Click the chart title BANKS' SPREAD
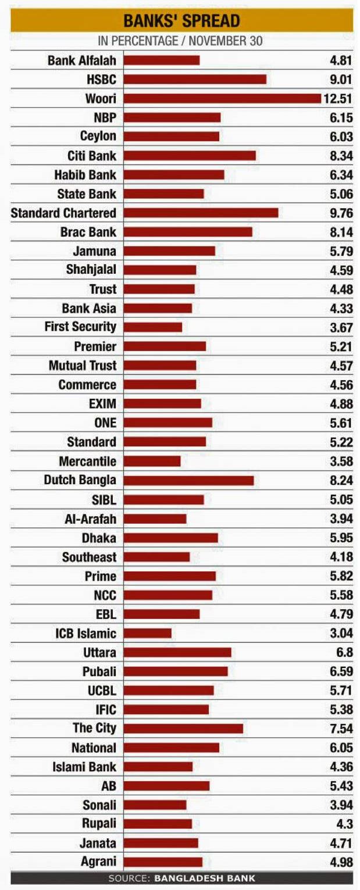(181, 22)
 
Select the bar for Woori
(222, 98)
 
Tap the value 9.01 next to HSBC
(341, 79)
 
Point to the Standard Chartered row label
(63, 213)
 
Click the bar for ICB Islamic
(148, 633)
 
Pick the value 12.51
(338, 98)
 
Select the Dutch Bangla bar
(188, 480)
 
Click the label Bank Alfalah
(81, 60)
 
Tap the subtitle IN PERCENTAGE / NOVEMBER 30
(180, 41)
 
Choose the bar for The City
(183, 728)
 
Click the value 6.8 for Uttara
(344, 652)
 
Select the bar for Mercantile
(152, 461)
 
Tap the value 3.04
(341, 633)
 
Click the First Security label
(80, 327)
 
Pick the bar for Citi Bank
(190, 155)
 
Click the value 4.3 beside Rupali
(344, 824)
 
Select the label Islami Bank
(84, 767)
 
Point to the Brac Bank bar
(188, 232)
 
